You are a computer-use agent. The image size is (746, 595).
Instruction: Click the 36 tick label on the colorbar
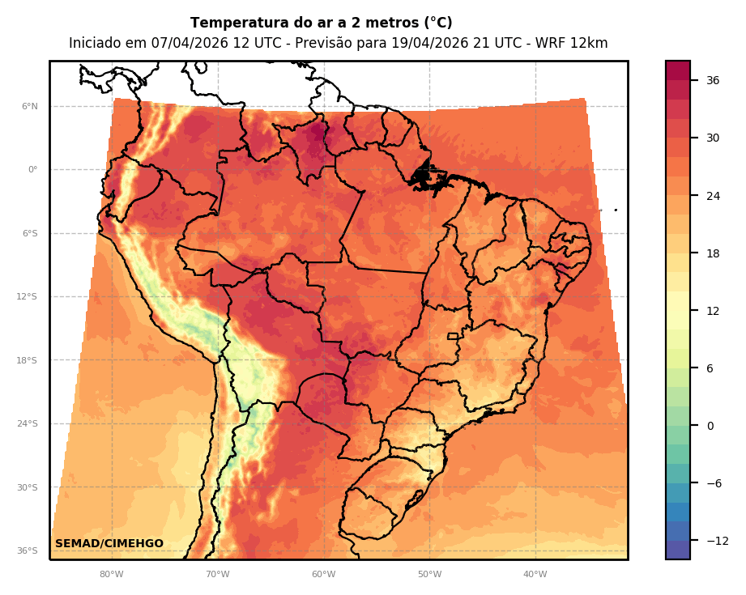(713, 80)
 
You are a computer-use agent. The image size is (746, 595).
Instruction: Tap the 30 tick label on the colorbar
(713, 138)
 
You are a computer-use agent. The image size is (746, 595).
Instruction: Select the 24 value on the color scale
(713, 195)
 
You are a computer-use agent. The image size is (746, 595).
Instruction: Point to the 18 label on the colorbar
(713, 253)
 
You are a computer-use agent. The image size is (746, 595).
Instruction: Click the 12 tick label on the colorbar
(713, 311)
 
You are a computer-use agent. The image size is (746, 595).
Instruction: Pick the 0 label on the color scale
(710, 426)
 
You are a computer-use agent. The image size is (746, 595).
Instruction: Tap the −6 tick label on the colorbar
(713, 483)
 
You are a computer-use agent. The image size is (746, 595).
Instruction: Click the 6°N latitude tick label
(30, 106)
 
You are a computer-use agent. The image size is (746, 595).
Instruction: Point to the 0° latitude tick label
(33, 169)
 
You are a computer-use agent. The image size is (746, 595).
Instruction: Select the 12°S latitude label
(27, 296)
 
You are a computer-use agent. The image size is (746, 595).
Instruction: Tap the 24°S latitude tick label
(27, 423)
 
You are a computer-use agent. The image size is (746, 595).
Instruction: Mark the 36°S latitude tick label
(27, 550)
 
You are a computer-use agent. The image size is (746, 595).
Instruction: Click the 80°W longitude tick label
(111, 574)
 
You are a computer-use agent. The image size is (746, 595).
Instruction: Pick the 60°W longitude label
(323, 574)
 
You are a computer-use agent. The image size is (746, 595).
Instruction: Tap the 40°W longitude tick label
(535, 574)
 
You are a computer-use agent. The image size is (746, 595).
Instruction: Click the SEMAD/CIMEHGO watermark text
(109, 543)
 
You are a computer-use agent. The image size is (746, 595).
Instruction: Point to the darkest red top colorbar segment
(678, 70)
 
